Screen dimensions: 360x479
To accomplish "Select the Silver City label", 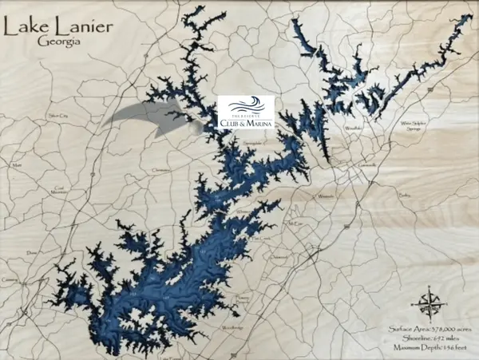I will tap(57, 117).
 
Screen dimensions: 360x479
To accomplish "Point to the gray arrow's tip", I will tap(199, 124).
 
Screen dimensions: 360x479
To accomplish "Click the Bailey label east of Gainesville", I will tap(405, 194).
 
